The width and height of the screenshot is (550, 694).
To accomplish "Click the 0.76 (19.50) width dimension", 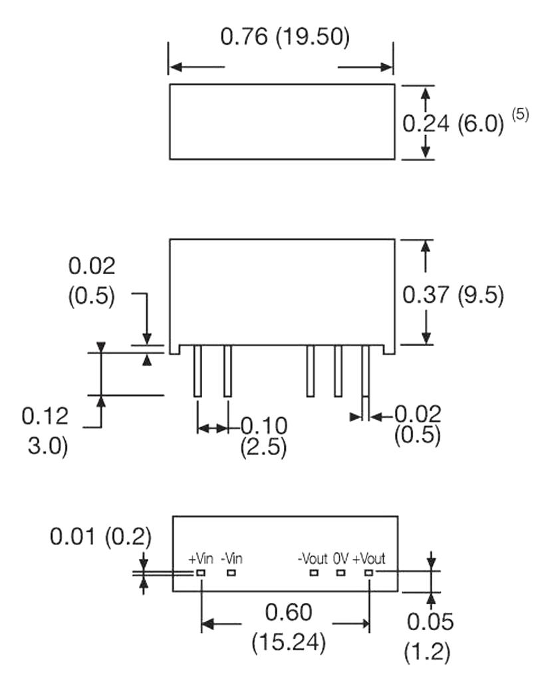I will pos(285,38).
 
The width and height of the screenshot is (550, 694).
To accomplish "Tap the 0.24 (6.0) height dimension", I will pos(454,123).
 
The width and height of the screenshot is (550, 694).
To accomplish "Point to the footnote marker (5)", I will pos(519,114).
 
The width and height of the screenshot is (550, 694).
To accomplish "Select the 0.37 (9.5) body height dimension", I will pos(454,294).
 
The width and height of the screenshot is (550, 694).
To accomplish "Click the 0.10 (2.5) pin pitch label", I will pos(263,436).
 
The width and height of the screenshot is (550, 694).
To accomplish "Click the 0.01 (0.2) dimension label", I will pos(100,536).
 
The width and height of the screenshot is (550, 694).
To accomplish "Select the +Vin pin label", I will pos(201,558).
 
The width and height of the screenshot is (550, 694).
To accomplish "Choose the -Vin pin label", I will pos(231,558).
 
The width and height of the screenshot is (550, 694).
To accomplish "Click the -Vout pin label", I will pos(313,558).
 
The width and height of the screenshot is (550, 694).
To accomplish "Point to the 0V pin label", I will pos(341,558).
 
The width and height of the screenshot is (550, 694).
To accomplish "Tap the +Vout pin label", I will pos(368,558).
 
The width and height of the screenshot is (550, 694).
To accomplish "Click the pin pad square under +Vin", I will pos(200,572).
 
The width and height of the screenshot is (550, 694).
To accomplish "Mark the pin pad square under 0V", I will pos(341,572).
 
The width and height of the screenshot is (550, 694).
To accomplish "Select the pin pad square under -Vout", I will pos(313,572).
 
